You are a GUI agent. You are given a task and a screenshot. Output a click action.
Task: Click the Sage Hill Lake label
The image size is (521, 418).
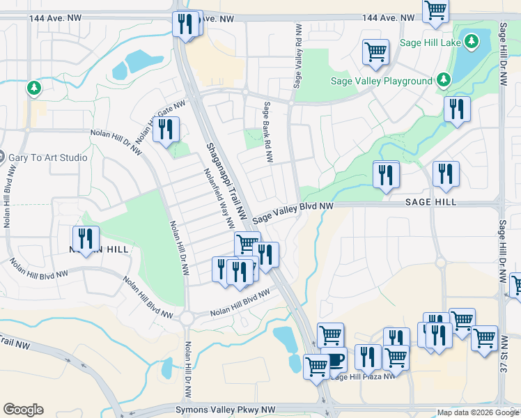click(x=431, y=42)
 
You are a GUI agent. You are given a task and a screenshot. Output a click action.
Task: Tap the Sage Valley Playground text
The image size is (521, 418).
click(x=382, y=81)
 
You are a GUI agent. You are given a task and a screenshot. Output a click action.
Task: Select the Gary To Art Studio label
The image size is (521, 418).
click(x=48, y=157)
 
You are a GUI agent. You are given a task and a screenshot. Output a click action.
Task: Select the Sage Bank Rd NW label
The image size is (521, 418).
click(x=267, y=132)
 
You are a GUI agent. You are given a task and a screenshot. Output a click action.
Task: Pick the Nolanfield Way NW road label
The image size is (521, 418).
click(x=219, y=198)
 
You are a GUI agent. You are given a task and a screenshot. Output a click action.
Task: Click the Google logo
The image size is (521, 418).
click(x=23, y=410)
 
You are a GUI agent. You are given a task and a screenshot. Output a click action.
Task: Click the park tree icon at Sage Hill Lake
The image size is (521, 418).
click(x=471, y=42)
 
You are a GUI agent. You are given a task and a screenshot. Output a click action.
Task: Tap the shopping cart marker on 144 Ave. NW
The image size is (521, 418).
click(x=435, y=10)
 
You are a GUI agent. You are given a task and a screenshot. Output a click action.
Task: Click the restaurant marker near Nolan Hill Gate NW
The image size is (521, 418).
click(x=166, y=130)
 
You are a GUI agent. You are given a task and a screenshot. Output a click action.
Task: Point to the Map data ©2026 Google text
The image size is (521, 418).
click(x=476, y=412)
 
